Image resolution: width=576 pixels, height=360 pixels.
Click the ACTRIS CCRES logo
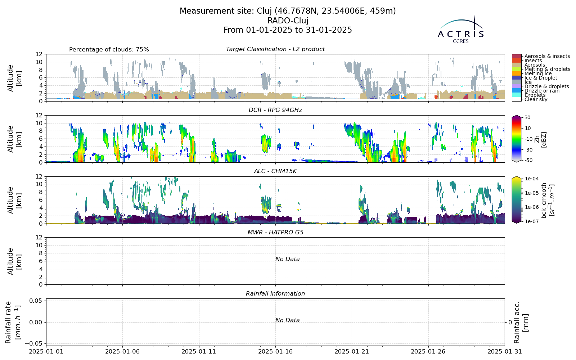click(460, 30)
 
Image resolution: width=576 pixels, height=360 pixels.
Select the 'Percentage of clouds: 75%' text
click(109, 50)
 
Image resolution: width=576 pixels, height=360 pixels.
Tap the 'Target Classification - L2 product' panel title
click(275, 49)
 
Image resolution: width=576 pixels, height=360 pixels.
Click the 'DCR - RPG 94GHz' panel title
click(275, 110)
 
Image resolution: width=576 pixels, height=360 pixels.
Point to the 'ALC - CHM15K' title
click(275, 171)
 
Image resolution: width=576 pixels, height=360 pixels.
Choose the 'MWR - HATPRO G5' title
click(275, 233)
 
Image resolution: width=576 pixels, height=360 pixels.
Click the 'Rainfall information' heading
click(275, 294)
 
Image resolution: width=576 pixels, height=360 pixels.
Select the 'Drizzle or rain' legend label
click(541, 91)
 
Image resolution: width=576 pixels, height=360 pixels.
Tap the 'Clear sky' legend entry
click(536, 99)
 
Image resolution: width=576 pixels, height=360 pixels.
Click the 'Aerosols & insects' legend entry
click(547, 56)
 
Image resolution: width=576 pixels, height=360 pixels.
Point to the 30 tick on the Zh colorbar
click(527, 117)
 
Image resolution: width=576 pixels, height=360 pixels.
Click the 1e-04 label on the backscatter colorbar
click(531, 179)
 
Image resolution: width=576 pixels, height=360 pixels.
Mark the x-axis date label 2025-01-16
click(275, 351)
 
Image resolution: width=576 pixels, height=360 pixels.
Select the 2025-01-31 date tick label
click(505, 351)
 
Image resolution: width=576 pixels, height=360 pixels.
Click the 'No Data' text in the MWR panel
click(288, 259)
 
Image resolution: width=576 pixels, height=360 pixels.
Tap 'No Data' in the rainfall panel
click(288, 320)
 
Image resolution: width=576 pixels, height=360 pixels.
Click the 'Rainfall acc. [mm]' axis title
click(521, 323)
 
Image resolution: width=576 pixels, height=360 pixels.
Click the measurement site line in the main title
click(288, 11)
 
